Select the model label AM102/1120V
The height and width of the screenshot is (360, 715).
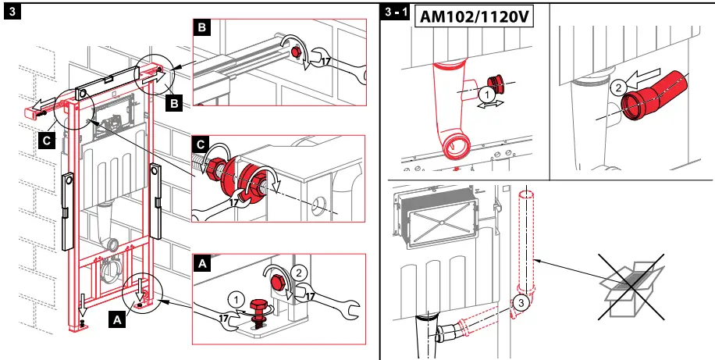point(474,16)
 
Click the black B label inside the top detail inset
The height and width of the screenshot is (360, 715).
point(201,29)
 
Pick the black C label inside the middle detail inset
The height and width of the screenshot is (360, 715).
point(201,145)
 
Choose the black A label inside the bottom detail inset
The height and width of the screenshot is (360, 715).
point(202,264)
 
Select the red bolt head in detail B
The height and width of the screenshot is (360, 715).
point(297,52)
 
